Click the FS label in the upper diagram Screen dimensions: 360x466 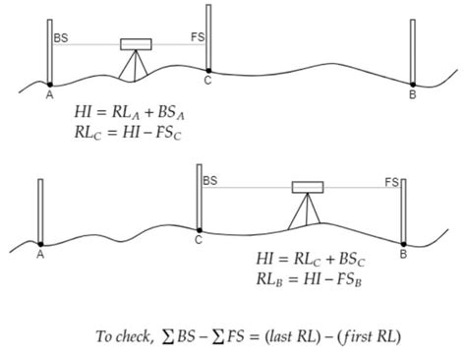[x=197, y=35]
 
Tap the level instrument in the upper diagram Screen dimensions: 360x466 [x=135, y=44]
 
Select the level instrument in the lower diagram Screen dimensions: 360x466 [x=308, y=187]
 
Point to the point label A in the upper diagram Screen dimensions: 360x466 [x=48, y=94]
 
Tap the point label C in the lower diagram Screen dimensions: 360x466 [x=199, y=239]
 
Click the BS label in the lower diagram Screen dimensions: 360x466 [x=210, y=181]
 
